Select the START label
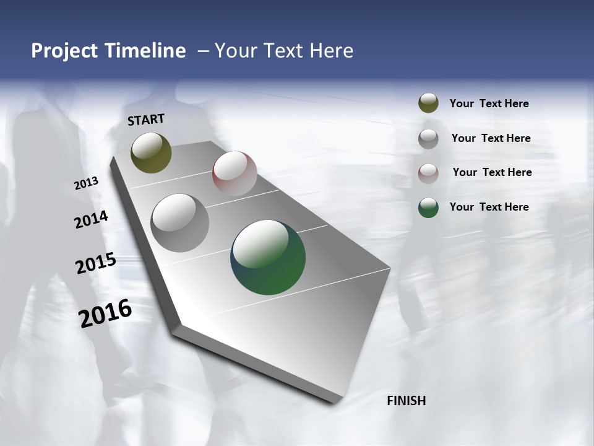pyautogui.click(x=146, y=120)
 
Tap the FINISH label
pyautogui.click(x=407, y=401)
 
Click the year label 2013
pyautogui.click(x=87, y=183)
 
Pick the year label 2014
pyautogui.click(x=91, y=220)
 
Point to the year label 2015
pyautogui.click(x=96, y=263)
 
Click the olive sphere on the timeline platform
pyautogui.click(x=151, y=152)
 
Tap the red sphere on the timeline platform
pyautogui.click(x=235, y=173)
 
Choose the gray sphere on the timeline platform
pyautogui.click(x=179, y=223)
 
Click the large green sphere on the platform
pyautogui.click(x=268, y=257)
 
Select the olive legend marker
pyautogui.click(x=428, y=103)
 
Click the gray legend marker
pyautogui.click(x=428, y=139)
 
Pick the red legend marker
pyautogui.click(x=428, y=173)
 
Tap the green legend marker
pyautogui.click(x=428, y=208)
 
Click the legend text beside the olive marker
pyautogui.click(x=489, y=104)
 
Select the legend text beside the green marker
pyautogui.click(x=489, y=207)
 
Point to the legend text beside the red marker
pyautogui.click(x=492, y=172)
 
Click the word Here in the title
pyautogui.click(x=331, y=51)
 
